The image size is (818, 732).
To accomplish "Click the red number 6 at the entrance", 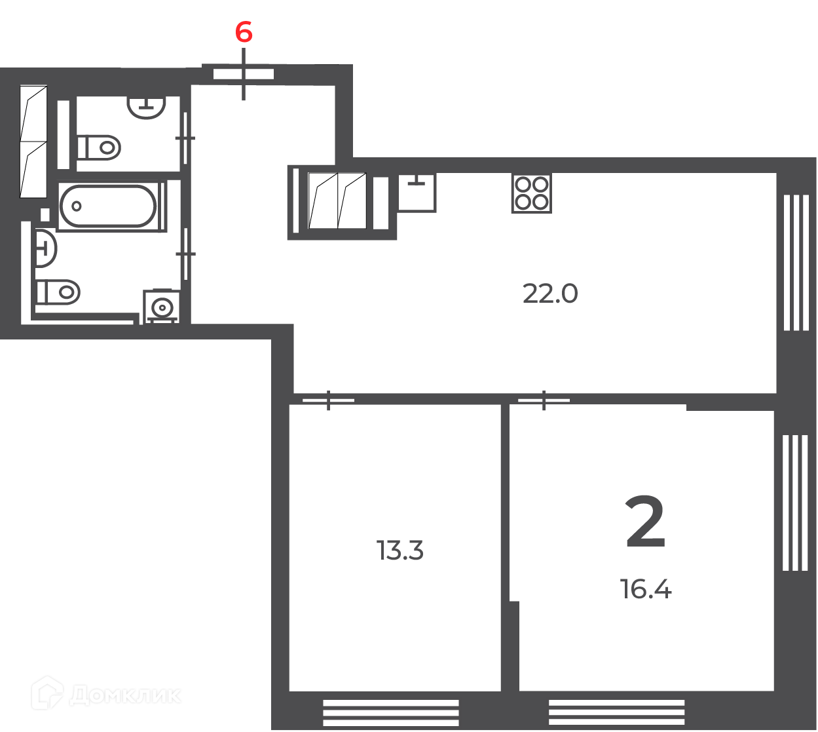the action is point(244,32).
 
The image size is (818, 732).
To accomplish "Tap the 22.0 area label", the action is point(550,294).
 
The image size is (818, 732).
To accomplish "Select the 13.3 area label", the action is point(400,550).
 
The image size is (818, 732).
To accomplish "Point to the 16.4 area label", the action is point(645,589).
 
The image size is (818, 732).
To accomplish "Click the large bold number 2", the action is point(645,522).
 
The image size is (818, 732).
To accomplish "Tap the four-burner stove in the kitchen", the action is point(531,193).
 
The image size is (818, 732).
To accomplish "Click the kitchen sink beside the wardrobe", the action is point(417,193).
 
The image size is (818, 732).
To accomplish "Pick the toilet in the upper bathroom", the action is point(99,147).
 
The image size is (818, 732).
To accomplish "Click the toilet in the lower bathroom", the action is point(58,292).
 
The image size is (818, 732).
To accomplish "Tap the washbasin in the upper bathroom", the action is point(146,107).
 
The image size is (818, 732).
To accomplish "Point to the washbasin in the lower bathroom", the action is point(46,248).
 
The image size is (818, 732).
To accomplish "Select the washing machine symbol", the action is point(162,307).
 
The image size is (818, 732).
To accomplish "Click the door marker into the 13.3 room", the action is point(328,400).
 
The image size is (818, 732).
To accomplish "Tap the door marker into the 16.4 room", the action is point(544,400).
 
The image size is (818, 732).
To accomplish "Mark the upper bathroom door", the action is point(185,138).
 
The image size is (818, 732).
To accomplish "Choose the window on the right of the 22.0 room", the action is point(796,263).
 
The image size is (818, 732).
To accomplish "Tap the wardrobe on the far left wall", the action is point(33,142).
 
